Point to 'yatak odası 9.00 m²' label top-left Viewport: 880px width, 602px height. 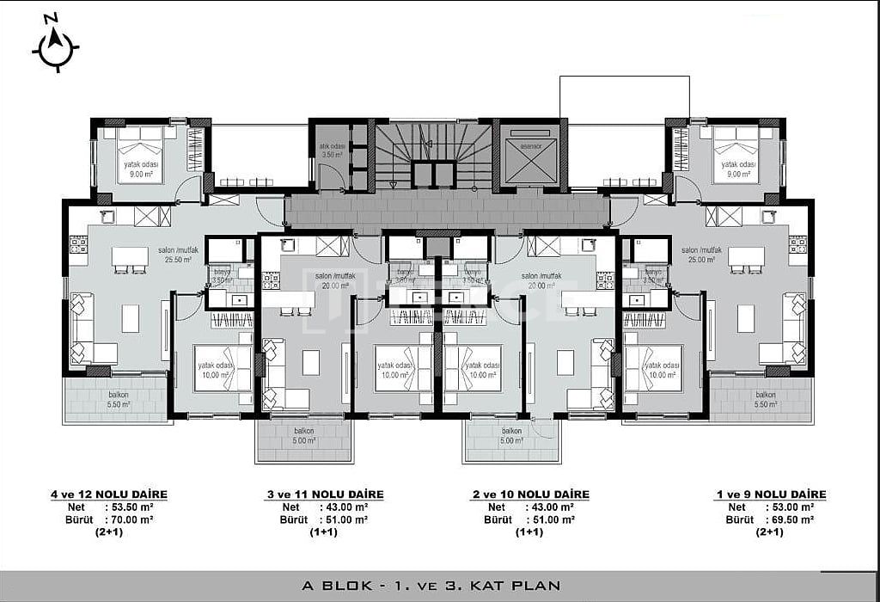tap(138, 168)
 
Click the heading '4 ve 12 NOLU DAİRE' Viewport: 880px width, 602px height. tap(108, 494)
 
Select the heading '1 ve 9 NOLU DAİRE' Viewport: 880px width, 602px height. tap(770, 494)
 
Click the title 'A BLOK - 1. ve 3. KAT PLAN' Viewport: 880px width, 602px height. tap(431, 586)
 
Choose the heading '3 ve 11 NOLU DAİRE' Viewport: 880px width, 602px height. tap(324, 494)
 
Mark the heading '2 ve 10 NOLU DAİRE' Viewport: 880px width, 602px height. tap(530, 494)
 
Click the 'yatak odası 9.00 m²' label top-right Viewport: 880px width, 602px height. tap(738, 168)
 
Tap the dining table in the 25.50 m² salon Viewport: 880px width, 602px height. tap(131, 256)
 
